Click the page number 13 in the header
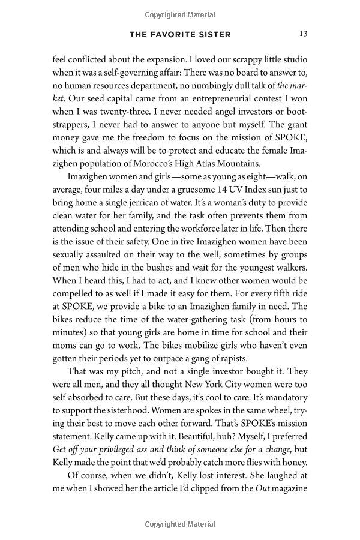303,34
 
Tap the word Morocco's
171,151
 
